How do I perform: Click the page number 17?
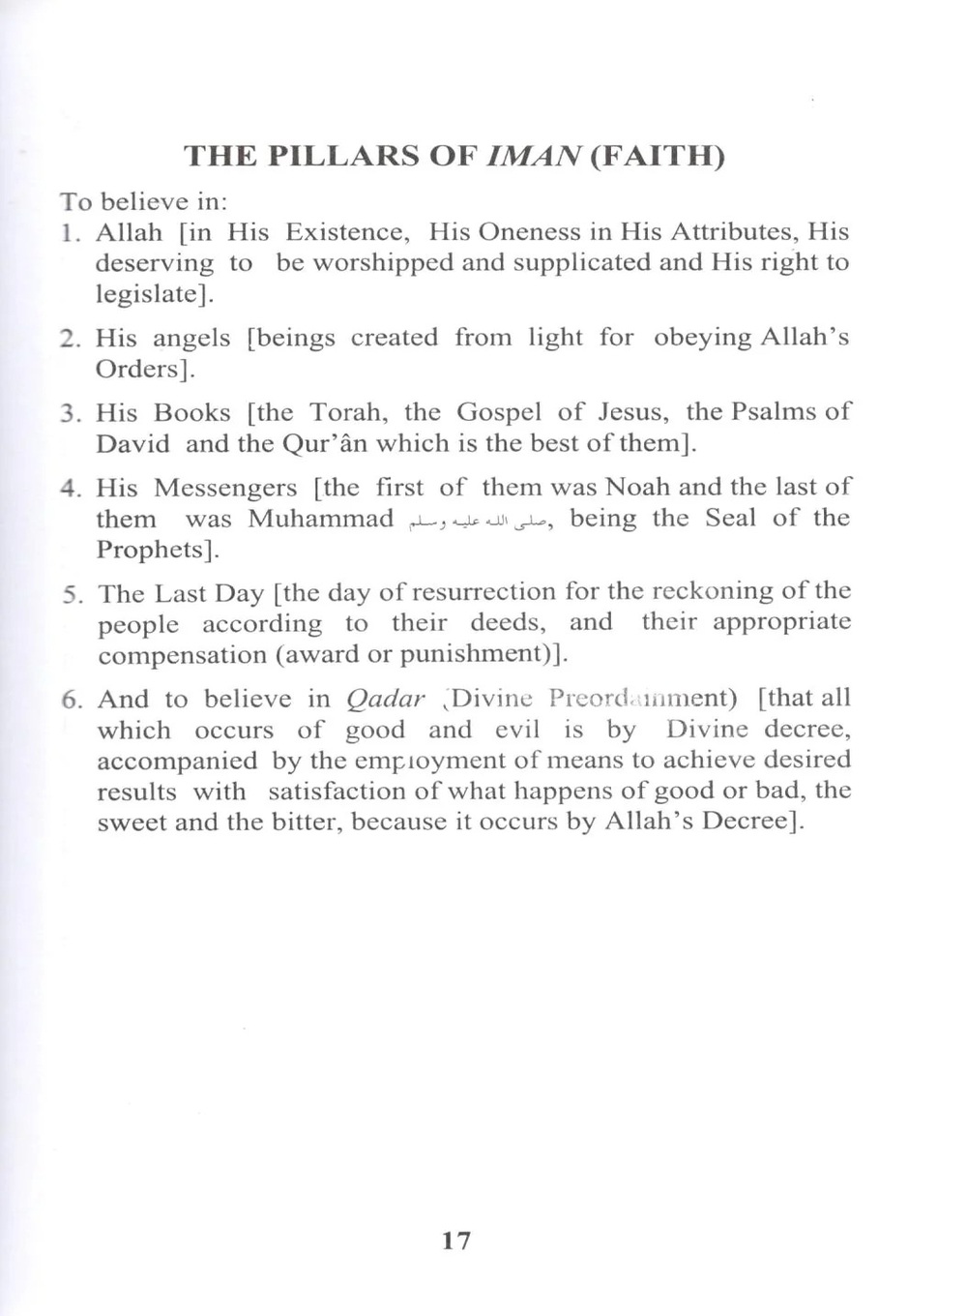[x=456, y=1240]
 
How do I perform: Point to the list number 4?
[x=69, y=488]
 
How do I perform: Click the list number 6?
[x=71, y=700]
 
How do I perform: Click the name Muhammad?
[x=320, y=519]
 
